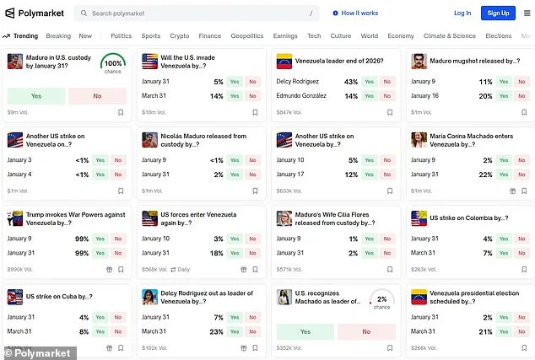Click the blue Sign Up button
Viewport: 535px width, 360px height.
[498, 13]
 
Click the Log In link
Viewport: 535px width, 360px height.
[462, 13]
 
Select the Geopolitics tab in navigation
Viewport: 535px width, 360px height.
[247, 36]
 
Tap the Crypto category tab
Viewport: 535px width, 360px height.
[180, 36]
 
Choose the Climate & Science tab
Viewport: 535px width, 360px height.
[449, 36]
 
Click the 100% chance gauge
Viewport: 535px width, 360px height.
[113, 64]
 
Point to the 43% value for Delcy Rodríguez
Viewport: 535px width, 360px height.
[351, 82]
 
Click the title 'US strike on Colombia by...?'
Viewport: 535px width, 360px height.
[468, 218]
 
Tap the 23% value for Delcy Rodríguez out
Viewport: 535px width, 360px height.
[215, 331]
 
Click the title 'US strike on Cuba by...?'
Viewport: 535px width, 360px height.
[59, 297]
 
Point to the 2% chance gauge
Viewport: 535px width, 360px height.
[382, 301]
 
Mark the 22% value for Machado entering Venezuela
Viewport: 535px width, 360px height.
[485, 174]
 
